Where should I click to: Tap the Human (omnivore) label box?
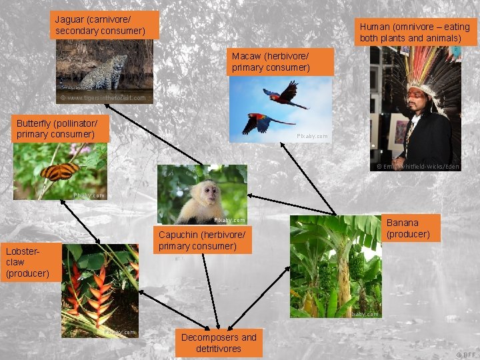pyautogui.click(x=415, y=33)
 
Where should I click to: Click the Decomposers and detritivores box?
pyautogui.click(x=219, y=343)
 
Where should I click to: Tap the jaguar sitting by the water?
pyautogui.click(x=105, y=71)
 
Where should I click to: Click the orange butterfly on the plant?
pyautogui.click(x=59, y=172)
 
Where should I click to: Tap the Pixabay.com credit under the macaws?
pyautogui.click(x=312, y=136)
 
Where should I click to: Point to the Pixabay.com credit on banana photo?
pyautogui.click(x=364, y=313)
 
